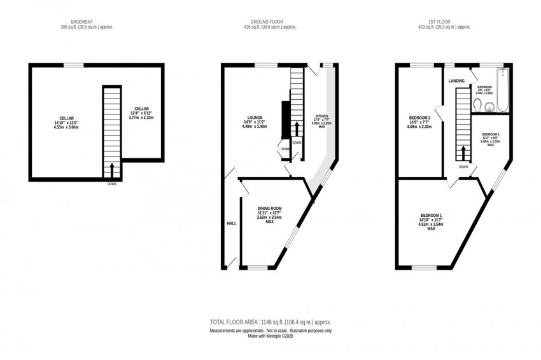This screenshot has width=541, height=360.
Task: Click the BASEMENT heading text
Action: [x=80, y=21]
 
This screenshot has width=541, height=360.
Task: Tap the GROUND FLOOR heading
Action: [x=270, y=21]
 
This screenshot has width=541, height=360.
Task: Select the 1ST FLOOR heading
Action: [x=446, y=21]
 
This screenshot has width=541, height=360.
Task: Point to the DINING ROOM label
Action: [x=269, y=209]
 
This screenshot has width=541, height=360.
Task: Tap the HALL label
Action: [x=232, y=224]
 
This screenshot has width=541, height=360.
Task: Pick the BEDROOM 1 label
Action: [x=431, y=215]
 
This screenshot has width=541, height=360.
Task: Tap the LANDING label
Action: [x=456, y=81]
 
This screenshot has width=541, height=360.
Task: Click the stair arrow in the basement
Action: [x=112, y=169]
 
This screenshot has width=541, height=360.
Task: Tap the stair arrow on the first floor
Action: [x=465, y=151]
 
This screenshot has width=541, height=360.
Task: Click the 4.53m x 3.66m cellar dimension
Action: [x=67, y=127]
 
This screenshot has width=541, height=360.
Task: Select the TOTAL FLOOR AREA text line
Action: [x=270, y=322]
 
